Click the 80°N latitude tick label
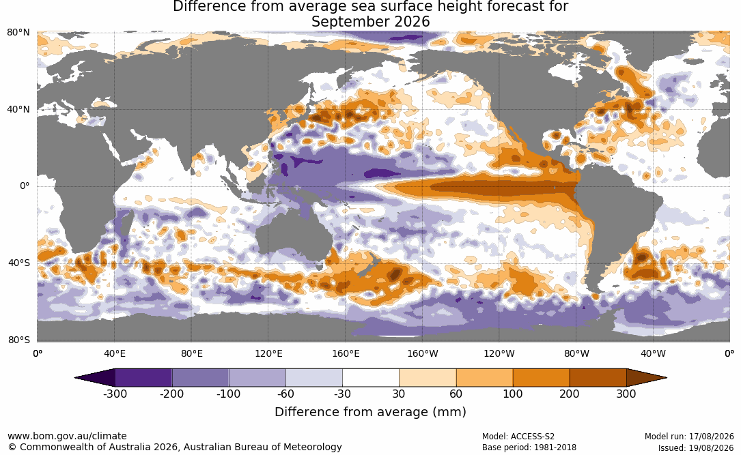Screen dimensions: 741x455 18,33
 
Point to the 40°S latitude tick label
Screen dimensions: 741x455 19,263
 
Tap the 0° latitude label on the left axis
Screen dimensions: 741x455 25,186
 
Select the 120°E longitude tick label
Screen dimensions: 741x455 268,353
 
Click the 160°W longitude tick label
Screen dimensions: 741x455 423,353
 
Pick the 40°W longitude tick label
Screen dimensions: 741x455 653,353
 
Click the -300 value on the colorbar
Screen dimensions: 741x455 115,394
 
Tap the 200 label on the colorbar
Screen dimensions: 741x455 570,394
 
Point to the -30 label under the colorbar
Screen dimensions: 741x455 342,394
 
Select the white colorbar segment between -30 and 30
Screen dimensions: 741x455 371,378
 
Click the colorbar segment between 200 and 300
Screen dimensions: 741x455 598,378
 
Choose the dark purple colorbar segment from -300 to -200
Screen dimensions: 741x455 143,378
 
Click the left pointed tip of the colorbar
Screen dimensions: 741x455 74,378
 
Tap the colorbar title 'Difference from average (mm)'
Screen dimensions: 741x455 370,412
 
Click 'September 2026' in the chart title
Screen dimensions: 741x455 370,22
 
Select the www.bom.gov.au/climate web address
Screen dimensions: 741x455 67,436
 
